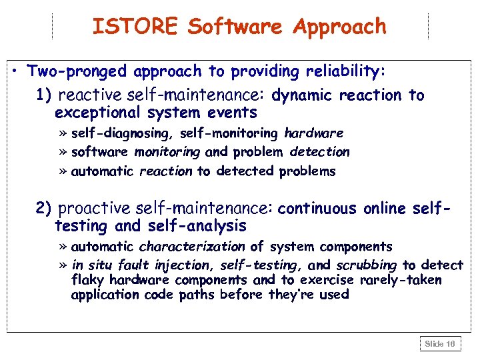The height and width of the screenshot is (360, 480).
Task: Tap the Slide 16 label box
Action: pyautogui.click(x=440, y=343)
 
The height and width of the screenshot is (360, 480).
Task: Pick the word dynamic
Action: pyautogui.click(x=303, y=95)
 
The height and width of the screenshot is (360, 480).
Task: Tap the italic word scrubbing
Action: pyautogui.click(x=366, y=265)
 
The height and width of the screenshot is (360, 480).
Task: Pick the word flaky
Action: pyautogui.click(x=88, y=280)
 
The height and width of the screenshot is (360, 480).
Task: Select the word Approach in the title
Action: pyautogui.click(x=340, y=26)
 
